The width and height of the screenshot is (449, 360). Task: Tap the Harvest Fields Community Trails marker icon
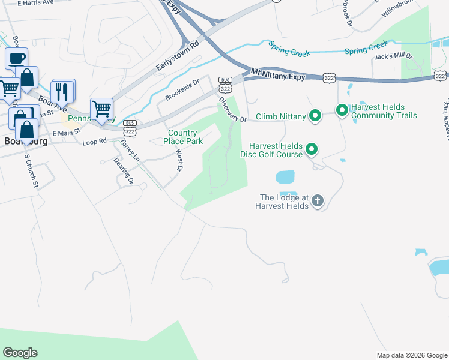point(342,110)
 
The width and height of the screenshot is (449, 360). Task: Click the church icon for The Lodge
point(318,201)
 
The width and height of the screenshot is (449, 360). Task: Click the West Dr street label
point(179,160)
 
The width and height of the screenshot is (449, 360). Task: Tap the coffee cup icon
point(16,59)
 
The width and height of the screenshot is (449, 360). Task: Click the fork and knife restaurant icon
point(62,91)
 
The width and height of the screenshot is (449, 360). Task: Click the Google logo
point(20,353)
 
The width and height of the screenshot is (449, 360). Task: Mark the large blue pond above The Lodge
point(285,177)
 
